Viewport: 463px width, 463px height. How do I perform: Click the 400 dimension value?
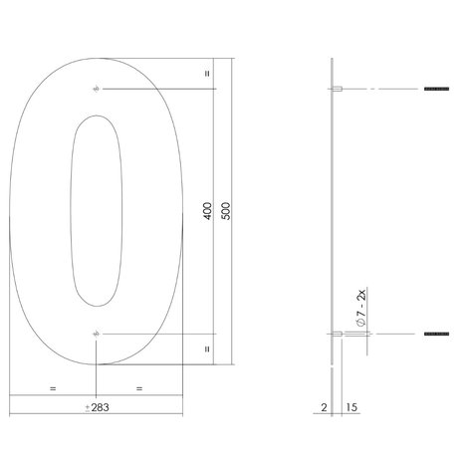tap(206, 211)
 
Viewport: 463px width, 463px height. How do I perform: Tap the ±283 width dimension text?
tap(97, 407)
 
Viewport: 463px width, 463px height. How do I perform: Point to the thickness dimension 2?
tap(325, 407)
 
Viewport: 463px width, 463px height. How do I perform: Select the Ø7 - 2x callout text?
tap(358, 301)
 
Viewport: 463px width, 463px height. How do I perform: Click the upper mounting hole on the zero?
tap(95, 91)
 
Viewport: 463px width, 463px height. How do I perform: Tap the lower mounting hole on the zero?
tap(95, 332)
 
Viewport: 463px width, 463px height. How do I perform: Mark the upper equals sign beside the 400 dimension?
tap(205, 73)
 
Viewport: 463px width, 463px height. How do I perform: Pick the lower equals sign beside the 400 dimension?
tap(205, 348)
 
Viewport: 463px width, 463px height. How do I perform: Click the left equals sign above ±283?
tap(51, 386)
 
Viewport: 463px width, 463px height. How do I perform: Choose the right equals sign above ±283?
tap(138, 386)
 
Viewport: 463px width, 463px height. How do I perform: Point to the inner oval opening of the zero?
tap(96, 211)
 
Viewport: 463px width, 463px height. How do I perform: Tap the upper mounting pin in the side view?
tap(338, 91)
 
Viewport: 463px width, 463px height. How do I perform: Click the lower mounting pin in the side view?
tap(338, 332)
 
